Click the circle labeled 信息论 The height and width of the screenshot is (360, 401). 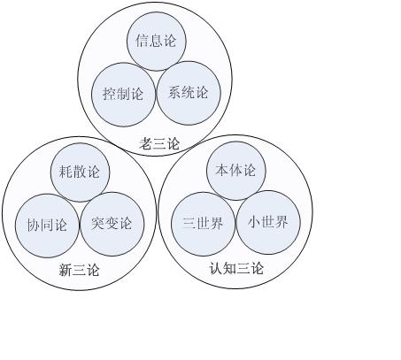point(157,42)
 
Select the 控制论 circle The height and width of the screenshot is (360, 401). point(123,95)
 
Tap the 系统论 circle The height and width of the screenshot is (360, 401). point(189,93)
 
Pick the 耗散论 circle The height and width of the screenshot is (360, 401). point(80,172)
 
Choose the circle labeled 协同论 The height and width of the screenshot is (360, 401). point(47,226)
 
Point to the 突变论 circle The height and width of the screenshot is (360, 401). point(112,224)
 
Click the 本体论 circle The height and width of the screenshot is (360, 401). point(236,171)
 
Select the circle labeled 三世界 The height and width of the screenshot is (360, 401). point(204,224)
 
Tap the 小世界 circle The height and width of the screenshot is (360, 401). point(268,223)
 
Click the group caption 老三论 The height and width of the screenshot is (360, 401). point(159,143)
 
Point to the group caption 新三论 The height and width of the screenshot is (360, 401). point(79,270)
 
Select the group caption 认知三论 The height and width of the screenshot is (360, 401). point(236,269)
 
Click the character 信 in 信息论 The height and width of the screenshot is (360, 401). point(143,41)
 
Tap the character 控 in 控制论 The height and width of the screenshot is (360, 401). point(110,94)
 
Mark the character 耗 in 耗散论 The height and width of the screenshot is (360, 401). point(66,172)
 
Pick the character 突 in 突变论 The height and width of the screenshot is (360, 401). point(98,223)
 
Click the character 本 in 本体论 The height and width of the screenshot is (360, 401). point(222,170)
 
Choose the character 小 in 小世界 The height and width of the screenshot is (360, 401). point(254,222)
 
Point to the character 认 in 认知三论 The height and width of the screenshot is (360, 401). point(216,269)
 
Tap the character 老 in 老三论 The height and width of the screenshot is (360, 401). point(146,143)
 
